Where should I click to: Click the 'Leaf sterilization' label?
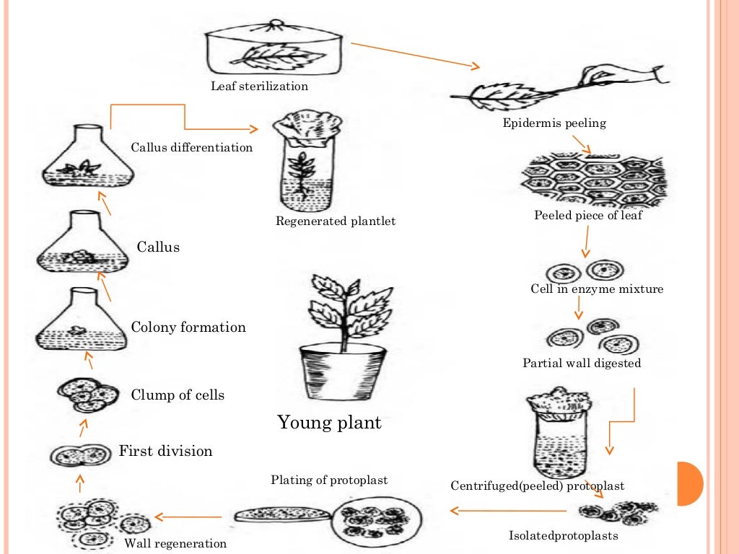point(259,87)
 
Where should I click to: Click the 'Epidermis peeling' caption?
point(554,123)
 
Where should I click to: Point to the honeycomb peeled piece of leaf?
point(591,180)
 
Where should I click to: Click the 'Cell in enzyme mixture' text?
point(597,289)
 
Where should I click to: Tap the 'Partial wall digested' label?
point(582,364)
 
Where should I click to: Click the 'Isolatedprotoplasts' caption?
point(564,536)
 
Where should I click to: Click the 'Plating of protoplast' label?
point(329,480)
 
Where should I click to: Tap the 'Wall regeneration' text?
point(175,544)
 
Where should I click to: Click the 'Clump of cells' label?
point(178,395)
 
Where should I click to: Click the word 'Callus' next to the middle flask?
point(158,247)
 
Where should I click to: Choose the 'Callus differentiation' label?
point(191,148)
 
